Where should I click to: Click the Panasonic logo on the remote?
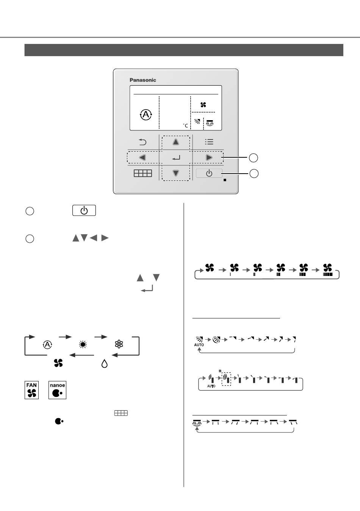[143, 80]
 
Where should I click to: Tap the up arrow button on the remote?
[176, 142]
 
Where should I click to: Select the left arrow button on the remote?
[142, 157]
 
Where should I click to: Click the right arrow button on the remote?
[209, 157]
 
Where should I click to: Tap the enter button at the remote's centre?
[176, 157]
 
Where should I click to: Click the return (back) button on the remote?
[142, 142]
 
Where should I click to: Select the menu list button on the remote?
[209, 142]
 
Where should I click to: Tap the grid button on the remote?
[142, 173]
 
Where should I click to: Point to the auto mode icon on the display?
[146, 114]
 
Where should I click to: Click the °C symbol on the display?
[185, 125]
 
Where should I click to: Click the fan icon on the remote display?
[203, 105]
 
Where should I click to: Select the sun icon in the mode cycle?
[83, 345]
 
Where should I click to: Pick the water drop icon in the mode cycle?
[104, 364]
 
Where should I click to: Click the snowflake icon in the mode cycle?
[119, 344]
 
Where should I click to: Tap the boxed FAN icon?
[31, 390]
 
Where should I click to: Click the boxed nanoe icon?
[57, 390]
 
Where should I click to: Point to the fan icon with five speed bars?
[327, 268]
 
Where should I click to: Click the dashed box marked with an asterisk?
[227, 379]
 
